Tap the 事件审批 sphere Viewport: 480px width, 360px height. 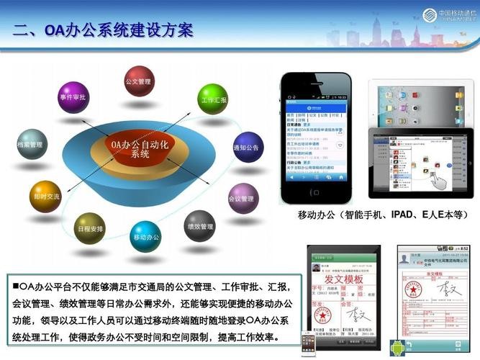point(73,99)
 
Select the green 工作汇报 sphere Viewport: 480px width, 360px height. point(213,99)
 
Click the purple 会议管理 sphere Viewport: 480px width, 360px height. point(243,197)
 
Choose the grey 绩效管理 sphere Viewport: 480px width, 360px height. point(199,225)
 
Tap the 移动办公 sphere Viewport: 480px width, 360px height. point(146,235)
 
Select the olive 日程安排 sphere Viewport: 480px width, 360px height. point(90,228)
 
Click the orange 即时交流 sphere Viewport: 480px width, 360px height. point(47,195)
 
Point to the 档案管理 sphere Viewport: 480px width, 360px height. point(31,144)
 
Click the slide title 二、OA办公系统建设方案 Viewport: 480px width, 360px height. point(104,30)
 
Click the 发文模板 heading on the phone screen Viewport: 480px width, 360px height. point(343,279)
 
